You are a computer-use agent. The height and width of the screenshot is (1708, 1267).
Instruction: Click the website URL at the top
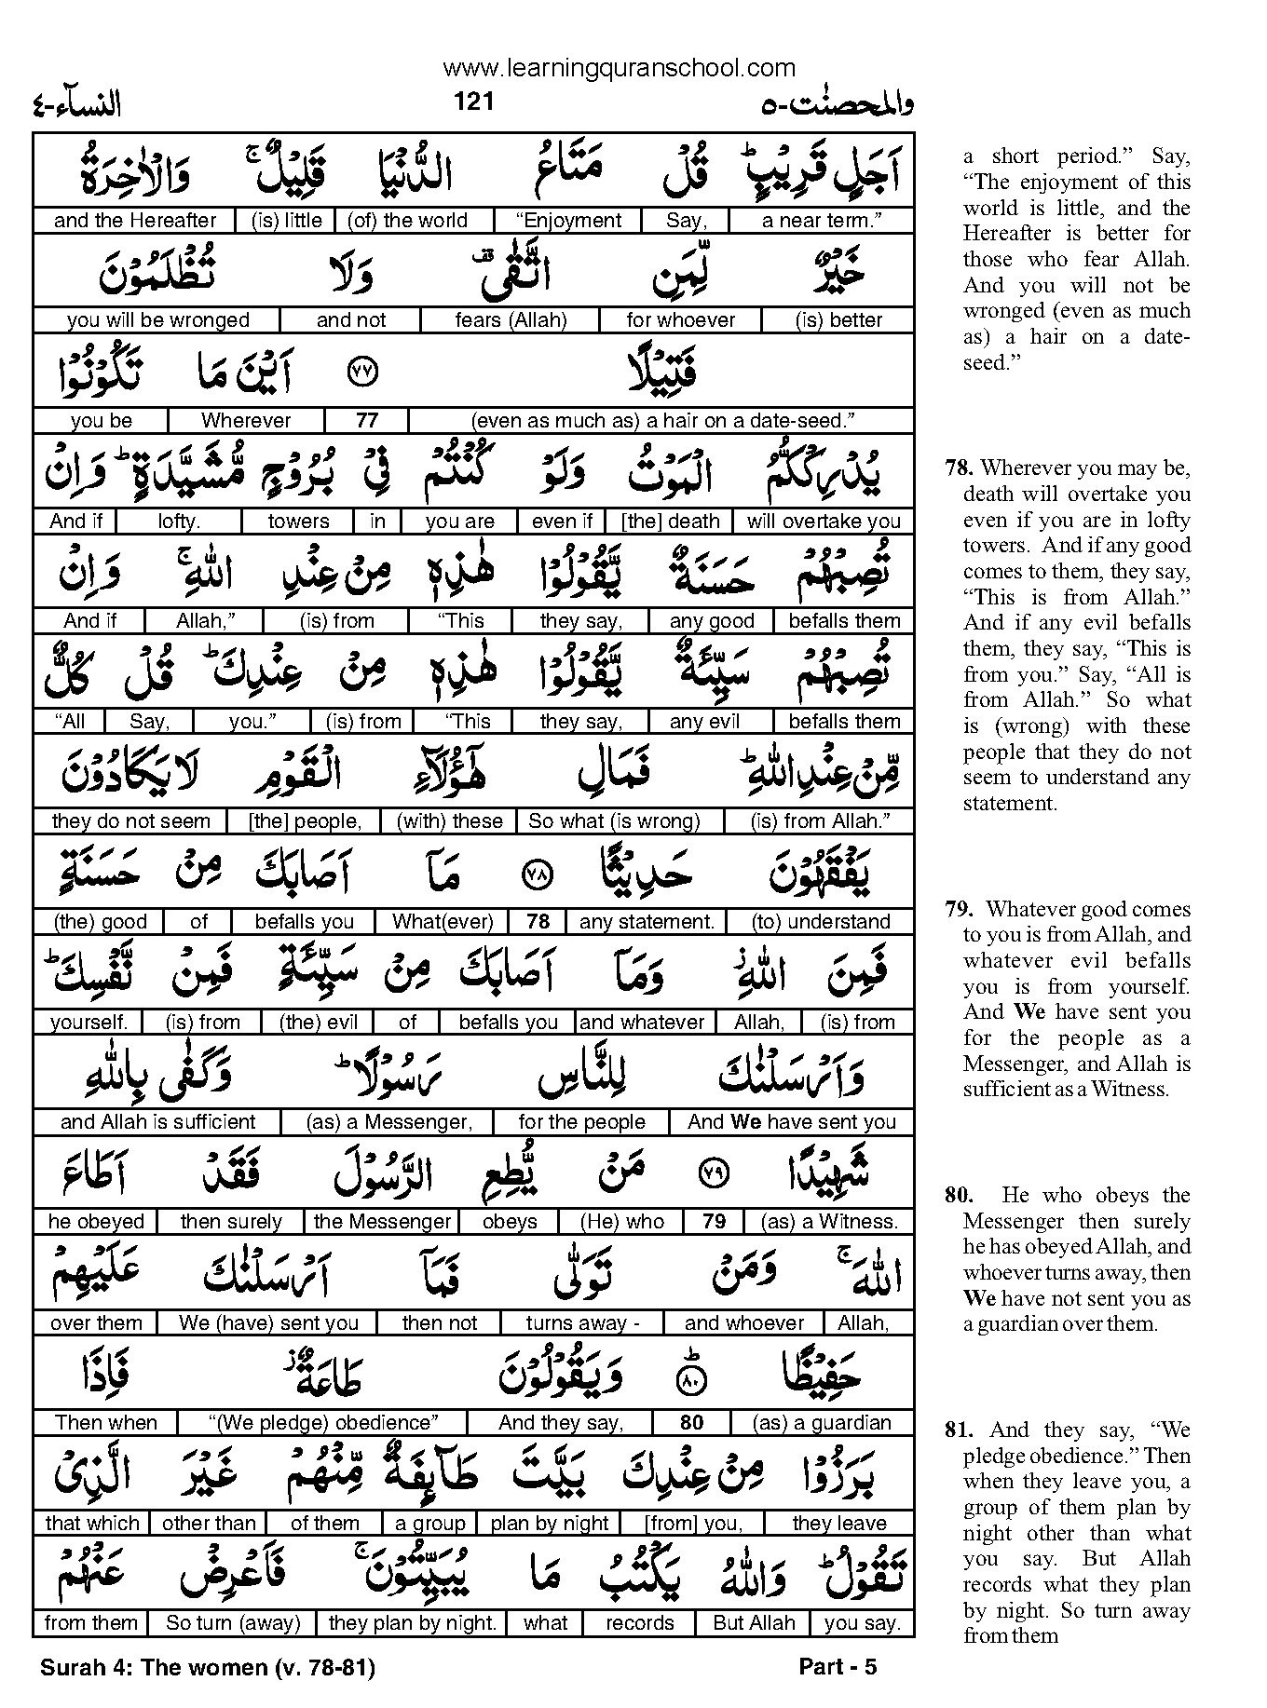click(619, 68)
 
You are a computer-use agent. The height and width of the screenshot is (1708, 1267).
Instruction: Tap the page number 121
click(473, 102)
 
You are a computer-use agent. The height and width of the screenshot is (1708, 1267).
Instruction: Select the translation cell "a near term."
click(822, 221)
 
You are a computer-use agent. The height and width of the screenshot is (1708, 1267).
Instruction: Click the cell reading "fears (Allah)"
click(511, 320)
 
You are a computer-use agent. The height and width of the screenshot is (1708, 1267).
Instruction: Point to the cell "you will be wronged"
click(157, 320)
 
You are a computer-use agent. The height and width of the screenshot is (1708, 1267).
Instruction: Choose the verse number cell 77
click(367, 420)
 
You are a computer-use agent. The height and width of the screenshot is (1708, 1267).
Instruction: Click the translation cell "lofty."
click(179, 522)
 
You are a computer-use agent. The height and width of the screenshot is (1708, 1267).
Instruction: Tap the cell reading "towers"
click(298, 522)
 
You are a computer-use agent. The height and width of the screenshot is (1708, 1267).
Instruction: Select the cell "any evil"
click(704, 722)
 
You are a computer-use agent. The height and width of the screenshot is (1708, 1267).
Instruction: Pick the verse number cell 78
click(538, 922)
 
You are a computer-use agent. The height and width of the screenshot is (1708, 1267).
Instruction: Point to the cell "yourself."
click(89, 1023)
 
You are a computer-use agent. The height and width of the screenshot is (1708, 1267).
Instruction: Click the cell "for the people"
click(581, 1122)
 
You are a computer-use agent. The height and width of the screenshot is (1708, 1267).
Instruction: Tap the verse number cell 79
click(714, 1222)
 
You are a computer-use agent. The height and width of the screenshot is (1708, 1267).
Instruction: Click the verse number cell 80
click(691, 1423)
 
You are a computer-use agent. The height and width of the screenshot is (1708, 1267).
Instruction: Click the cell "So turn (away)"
click(233, 1623)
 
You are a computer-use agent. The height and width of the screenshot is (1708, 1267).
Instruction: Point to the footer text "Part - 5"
click(838, 1667)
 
